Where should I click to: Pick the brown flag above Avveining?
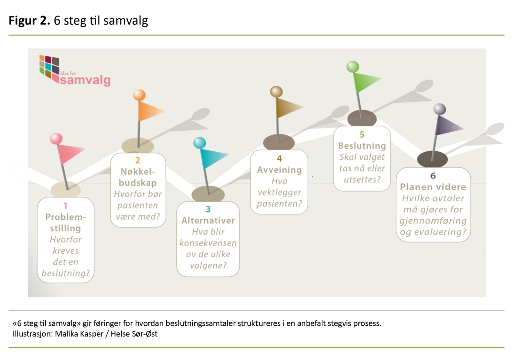point(289,108)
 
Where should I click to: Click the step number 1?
point(65,205)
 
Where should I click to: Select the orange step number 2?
point(137,161)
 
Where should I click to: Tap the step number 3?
point(208,209)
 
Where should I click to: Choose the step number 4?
point(279,158)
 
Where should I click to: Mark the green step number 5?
point(362,134)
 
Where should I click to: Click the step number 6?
point(433,176)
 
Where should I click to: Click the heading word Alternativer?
point(208,221)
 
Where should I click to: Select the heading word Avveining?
point(279,170)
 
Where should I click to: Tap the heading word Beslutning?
point(362,146)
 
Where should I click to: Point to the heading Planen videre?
point(433,187)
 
